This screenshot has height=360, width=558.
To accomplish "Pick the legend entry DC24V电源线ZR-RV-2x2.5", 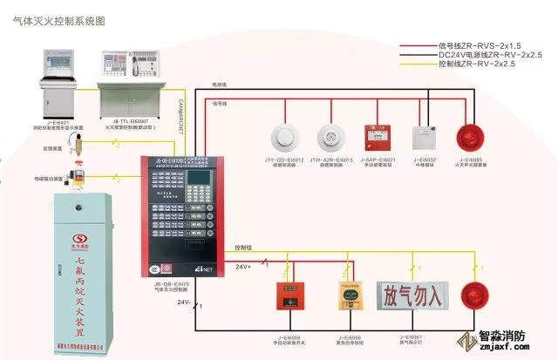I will click(489, 53).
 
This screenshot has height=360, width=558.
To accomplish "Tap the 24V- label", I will click(185, 302).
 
